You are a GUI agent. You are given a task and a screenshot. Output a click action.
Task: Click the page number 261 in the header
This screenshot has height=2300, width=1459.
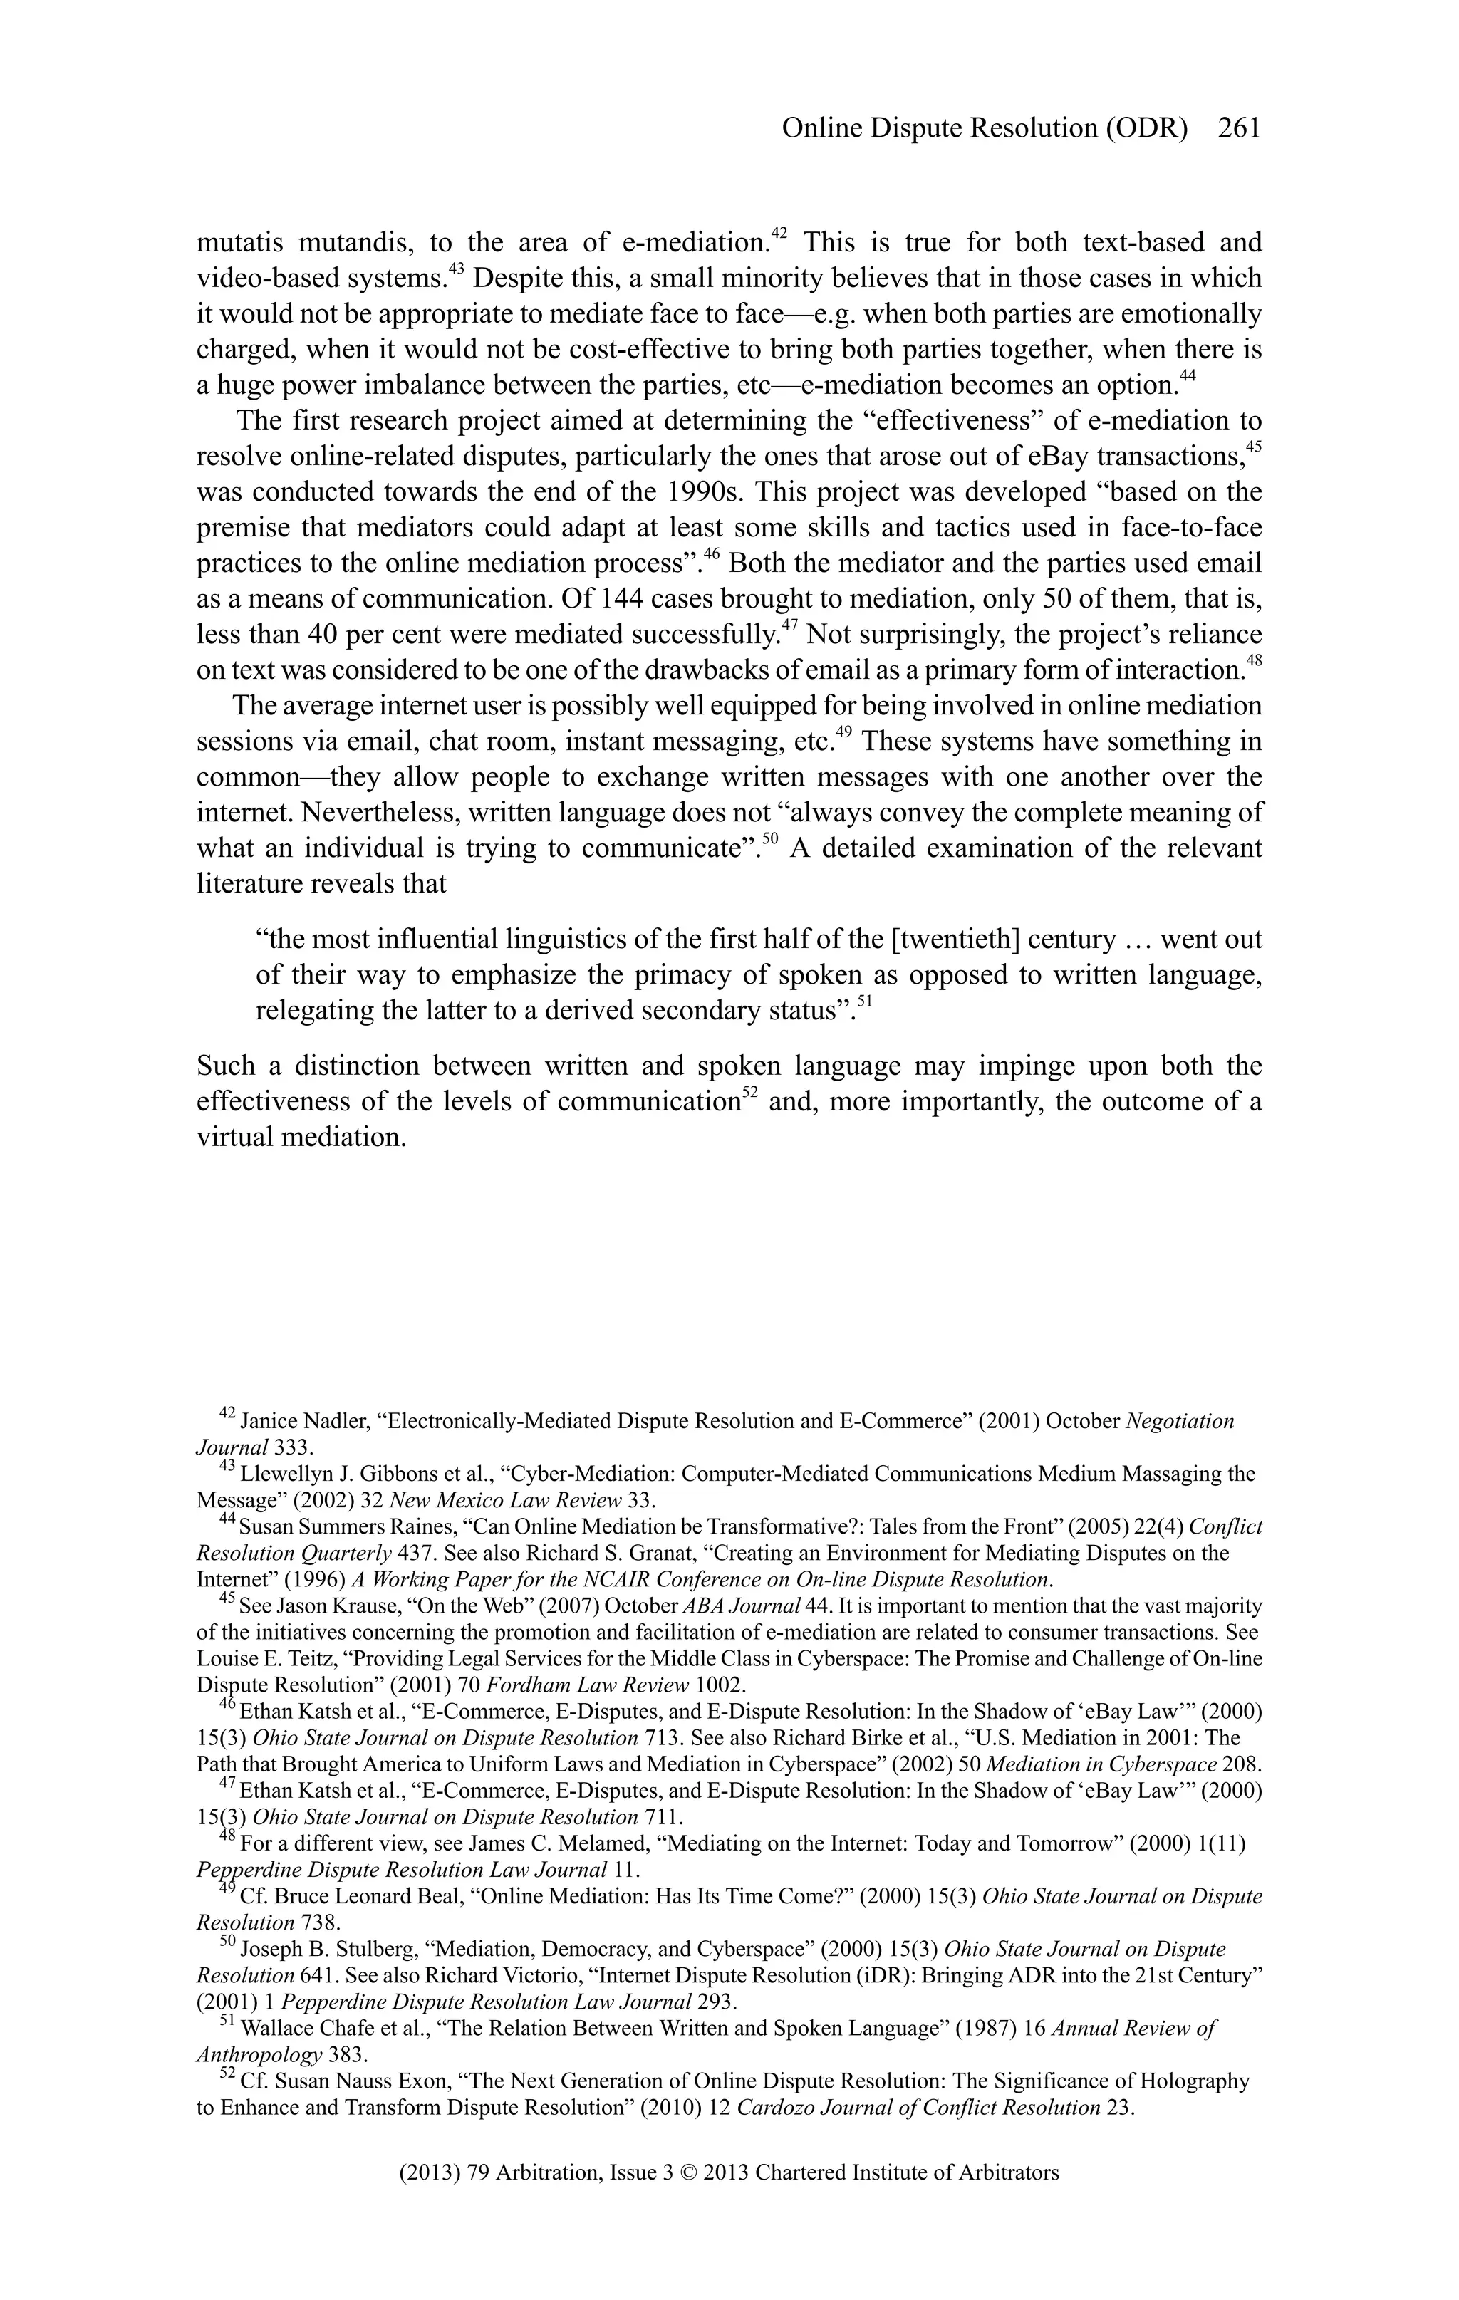[x=1240, y=128]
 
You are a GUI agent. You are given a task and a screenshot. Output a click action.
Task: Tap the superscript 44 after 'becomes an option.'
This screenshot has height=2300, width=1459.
[x=1188, y=376]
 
